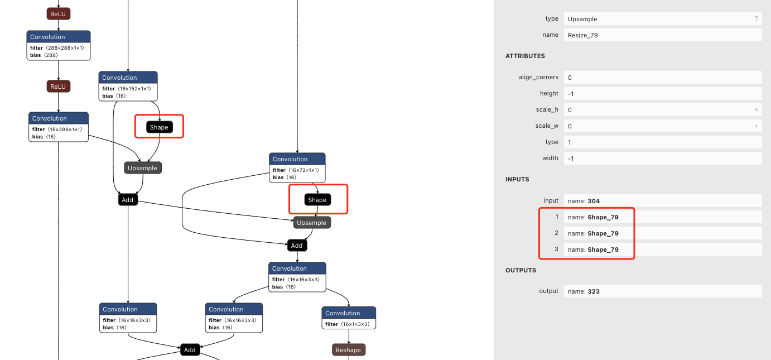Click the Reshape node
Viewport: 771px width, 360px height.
348,350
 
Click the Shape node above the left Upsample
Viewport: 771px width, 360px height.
159,127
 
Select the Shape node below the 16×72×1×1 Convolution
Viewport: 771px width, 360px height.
317,200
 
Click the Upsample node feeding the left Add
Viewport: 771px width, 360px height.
142,168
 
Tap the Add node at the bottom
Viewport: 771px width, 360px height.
190,350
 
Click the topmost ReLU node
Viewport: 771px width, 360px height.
58,14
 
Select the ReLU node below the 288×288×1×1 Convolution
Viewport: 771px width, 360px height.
58,87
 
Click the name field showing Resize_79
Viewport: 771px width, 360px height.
662,35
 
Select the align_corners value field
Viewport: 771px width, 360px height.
662,78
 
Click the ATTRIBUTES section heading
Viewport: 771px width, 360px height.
525,56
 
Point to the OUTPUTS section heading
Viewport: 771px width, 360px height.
521,271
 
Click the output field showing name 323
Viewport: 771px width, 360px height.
662,291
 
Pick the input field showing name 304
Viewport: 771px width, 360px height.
662,201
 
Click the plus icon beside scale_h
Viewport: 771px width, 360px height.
756,110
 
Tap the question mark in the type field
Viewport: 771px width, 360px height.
756,19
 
